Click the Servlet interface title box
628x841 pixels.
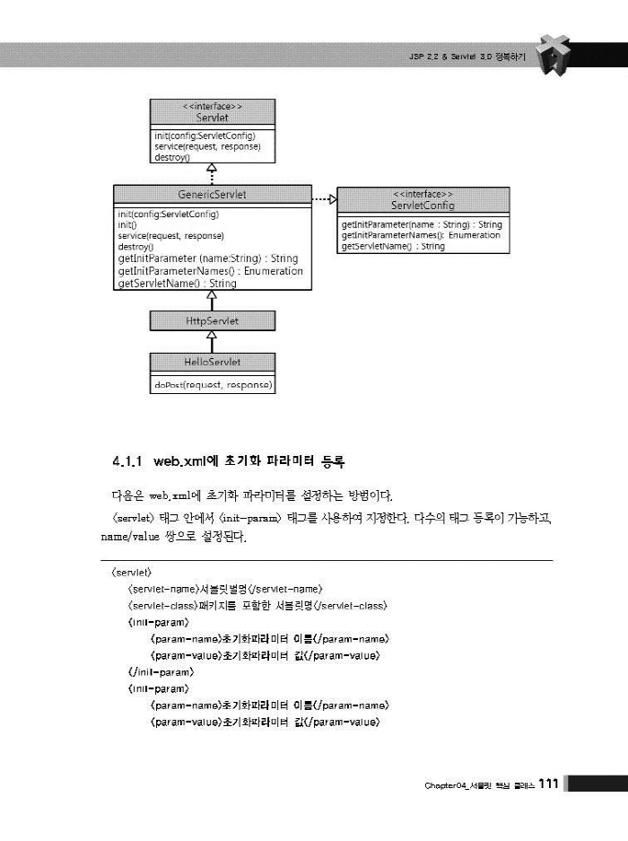tap(212, 113)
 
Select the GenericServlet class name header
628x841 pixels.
tap(213, 195)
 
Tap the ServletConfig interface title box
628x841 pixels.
tap(423, 199)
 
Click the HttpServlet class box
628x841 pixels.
tap(213, 320)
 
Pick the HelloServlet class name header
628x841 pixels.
tap(213, 363)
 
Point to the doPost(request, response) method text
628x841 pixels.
tap(213, 385)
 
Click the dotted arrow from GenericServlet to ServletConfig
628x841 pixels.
tap(323, 197)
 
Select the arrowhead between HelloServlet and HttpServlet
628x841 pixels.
tap(213, 336)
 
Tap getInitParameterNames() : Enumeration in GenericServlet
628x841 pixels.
tap(210, 271)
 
